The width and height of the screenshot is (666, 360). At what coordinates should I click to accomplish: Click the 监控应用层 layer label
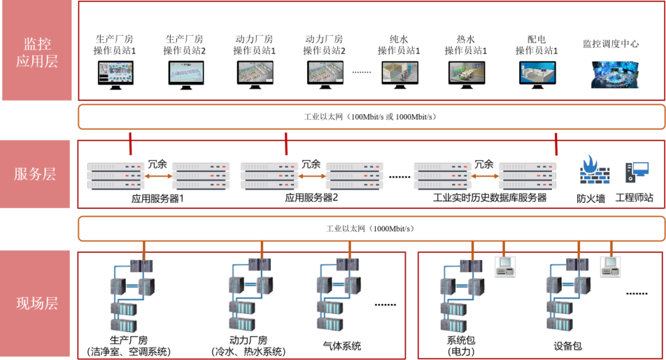coord(37,52)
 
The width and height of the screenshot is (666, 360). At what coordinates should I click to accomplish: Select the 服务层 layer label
coord(35,174)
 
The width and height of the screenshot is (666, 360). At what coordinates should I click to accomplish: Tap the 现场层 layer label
coord(37,303)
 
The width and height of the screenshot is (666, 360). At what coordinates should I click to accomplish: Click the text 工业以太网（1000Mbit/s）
coord(371,229)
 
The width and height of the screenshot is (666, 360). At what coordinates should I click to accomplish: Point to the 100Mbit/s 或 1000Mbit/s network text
coord(371,117)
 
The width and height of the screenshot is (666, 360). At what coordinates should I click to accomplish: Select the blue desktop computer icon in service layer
coord(636,171)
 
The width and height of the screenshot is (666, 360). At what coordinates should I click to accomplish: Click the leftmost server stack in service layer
coord(116,176)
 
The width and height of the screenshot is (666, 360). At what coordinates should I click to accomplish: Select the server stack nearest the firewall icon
coord(527,176)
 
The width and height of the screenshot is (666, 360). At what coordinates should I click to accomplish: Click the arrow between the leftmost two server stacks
coord(158,176)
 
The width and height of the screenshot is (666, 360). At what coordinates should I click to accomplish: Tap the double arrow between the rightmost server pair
coord(485,176)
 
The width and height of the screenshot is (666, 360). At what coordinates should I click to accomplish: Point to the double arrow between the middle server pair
coord(312,176)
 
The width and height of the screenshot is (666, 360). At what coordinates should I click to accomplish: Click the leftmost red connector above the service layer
coord(131,144)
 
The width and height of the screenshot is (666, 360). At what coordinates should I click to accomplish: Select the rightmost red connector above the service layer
coord(556,144)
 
